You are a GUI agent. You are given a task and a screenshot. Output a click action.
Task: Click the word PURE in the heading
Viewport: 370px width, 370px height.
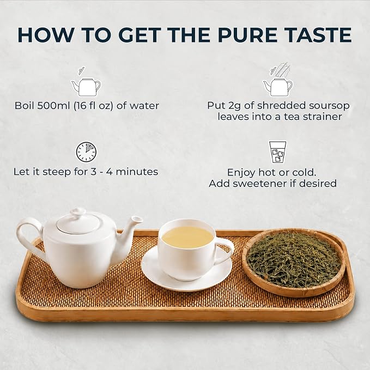pos(247,35)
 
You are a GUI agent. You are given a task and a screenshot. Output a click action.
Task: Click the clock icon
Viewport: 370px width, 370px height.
pos(86,152)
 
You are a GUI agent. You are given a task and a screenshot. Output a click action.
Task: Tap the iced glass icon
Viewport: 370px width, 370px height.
pos(278,152)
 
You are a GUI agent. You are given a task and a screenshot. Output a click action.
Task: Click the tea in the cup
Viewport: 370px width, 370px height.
pos(188,236)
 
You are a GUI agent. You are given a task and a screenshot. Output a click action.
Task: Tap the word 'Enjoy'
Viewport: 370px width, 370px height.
pos(241,173)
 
